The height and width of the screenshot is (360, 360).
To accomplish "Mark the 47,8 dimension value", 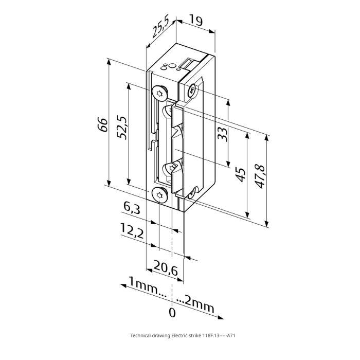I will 261,175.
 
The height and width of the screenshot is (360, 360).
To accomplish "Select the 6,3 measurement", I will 132,208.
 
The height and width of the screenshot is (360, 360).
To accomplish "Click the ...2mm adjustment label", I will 196,304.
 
